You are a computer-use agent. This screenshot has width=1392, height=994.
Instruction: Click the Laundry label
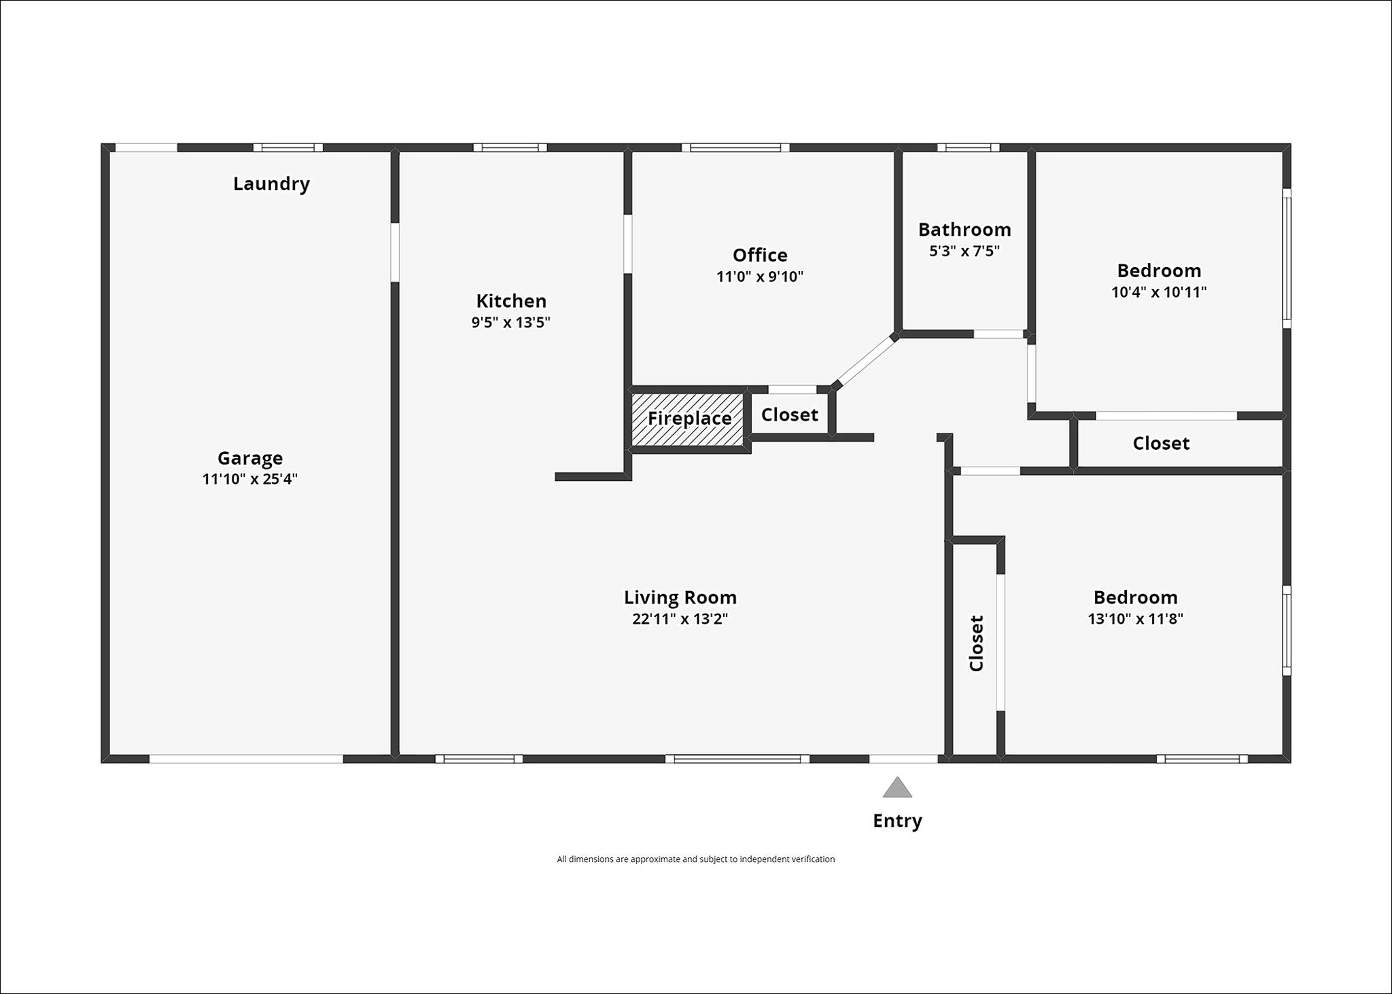click(x=271, y=184)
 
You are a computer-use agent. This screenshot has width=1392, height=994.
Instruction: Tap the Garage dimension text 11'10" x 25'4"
click(x=250, y=479)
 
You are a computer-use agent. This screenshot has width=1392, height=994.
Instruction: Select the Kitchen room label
click(x=511, y=301)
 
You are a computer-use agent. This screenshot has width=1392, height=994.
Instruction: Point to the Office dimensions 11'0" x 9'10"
click(x=760, y=277)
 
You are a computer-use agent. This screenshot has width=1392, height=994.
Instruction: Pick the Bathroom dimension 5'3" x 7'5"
click(x=964, y=251)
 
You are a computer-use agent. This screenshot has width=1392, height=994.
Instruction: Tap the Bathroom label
click(x=964, y=230)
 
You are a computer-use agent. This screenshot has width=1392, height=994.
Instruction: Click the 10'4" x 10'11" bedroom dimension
click(x=1159, y=292)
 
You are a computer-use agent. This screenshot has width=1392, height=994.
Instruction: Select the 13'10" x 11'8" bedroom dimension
click(x=1135, y=619)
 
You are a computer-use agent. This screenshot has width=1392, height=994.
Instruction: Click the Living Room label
click(x=680, y=598)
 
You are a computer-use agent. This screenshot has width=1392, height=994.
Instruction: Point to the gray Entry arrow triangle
click(x=897, y=788)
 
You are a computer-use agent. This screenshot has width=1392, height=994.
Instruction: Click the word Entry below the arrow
click(x=897, y=821)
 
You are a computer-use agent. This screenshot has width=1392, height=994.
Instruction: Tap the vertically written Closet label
click(x=977, y=643)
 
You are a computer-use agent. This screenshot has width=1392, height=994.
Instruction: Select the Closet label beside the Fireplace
click(x=790, y=415)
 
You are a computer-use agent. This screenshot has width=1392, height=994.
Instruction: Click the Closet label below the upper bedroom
click(x=1161, y=444)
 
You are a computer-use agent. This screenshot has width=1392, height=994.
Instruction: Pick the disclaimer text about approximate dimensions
click(x=696, y=859)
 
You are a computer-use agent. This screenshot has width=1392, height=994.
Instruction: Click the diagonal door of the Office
click(x=866, y=361)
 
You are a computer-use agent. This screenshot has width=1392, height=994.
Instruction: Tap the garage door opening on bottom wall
click(x=246, y=759)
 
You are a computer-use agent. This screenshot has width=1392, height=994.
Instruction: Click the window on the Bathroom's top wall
click(x=969, y=147)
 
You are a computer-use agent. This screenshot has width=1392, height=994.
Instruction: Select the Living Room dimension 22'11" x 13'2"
click(x=680, y=619)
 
